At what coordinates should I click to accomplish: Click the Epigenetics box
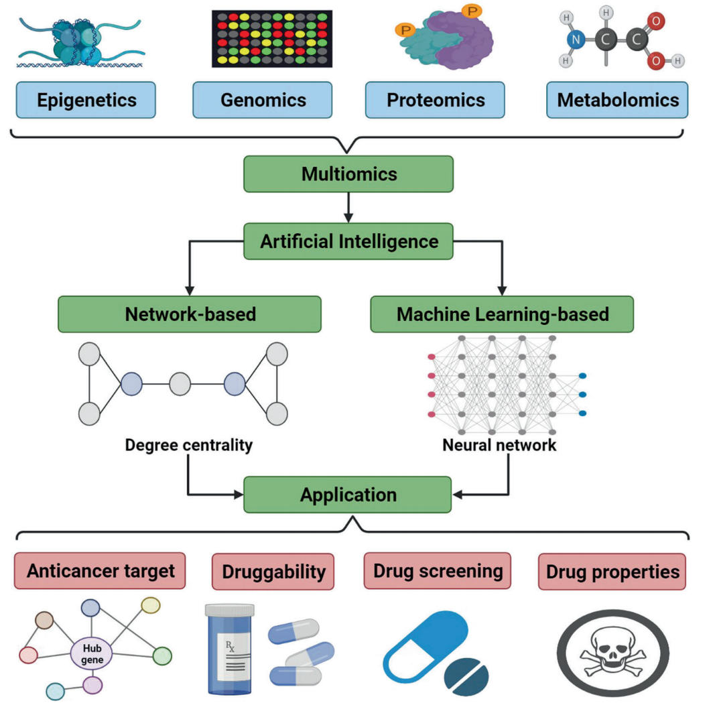tap(87, 100)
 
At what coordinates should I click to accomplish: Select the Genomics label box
tap(263, 100)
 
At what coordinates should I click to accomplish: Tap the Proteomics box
tap(436, 100)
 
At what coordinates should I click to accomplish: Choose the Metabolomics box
tap(617, 100)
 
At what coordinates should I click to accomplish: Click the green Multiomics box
tap(348, 174)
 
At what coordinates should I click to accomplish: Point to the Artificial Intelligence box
tap(348, 241)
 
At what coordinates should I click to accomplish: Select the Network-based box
tap(190, 314)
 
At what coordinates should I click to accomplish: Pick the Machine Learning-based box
tap(502, 314)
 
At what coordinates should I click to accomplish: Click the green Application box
tap(348, 495)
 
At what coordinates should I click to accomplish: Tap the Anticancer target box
tap(100, 571)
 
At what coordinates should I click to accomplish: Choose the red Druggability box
tap(273, 572)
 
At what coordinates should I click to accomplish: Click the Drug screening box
tap(437, 571)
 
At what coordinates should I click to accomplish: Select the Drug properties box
tap(612, 572)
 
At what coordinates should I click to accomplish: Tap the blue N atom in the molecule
tap(575, 40)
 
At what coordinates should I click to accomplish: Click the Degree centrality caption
tap(188, 444)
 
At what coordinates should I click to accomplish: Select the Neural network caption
tap(499, 444)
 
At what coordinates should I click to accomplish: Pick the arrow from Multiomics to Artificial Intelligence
tap(348, 207)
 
